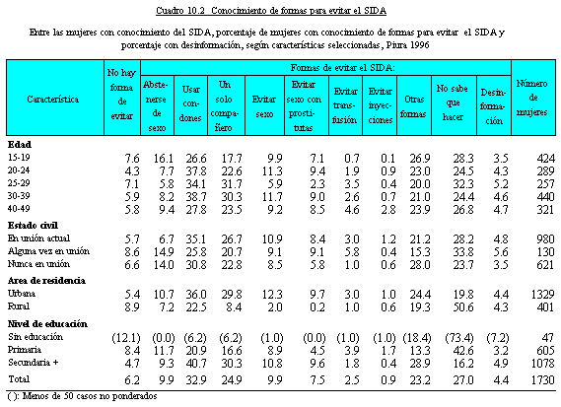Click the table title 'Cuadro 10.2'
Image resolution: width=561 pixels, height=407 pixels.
click(x=180, y=11)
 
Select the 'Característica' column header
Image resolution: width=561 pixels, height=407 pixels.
click(x=53, y=100)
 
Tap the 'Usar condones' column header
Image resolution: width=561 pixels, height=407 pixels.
click(x=190, y=103)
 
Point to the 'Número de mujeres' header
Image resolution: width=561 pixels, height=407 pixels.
click(x=532, y=98)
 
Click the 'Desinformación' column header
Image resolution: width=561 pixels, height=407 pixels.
click(x=494, y=106)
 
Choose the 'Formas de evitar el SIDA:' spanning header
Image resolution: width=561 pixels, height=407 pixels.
click(x=343, y=68)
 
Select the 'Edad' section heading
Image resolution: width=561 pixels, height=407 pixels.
click(x=20, y=145)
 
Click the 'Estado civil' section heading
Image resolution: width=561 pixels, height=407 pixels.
click(x=33, y=226)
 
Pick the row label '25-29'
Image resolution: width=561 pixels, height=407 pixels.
click(x=19, y=183)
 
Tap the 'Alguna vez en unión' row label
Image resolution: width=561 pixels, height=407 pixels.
click(x=48, y=251)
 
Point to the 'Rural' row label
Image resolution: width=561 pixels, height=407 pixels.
click(x=19, y=306)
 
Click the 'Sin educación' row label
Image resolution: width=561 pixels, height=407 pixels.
click(x=35, y=337)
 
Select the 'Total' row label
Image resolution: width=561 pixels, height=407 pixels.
click(x=19, y=379)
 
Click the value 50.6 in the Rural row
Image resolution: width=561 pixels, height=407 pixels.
click(x=463, y=307)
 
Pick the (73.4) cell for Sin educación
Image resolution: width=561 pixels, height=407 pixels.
click(x=459, y=338)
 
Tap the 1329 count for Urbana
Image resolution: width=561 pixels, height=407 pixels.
click(x=542, y=295)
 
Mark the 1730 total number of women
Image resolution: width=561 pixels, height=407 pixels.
click(x=542, y=379)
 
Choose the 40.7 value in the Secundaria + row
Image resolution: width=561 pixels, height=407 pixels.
click(x=196, y=364)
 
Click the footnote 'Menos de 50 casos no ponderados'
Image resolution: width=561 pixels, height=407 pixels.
click(x=90, y=396)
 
